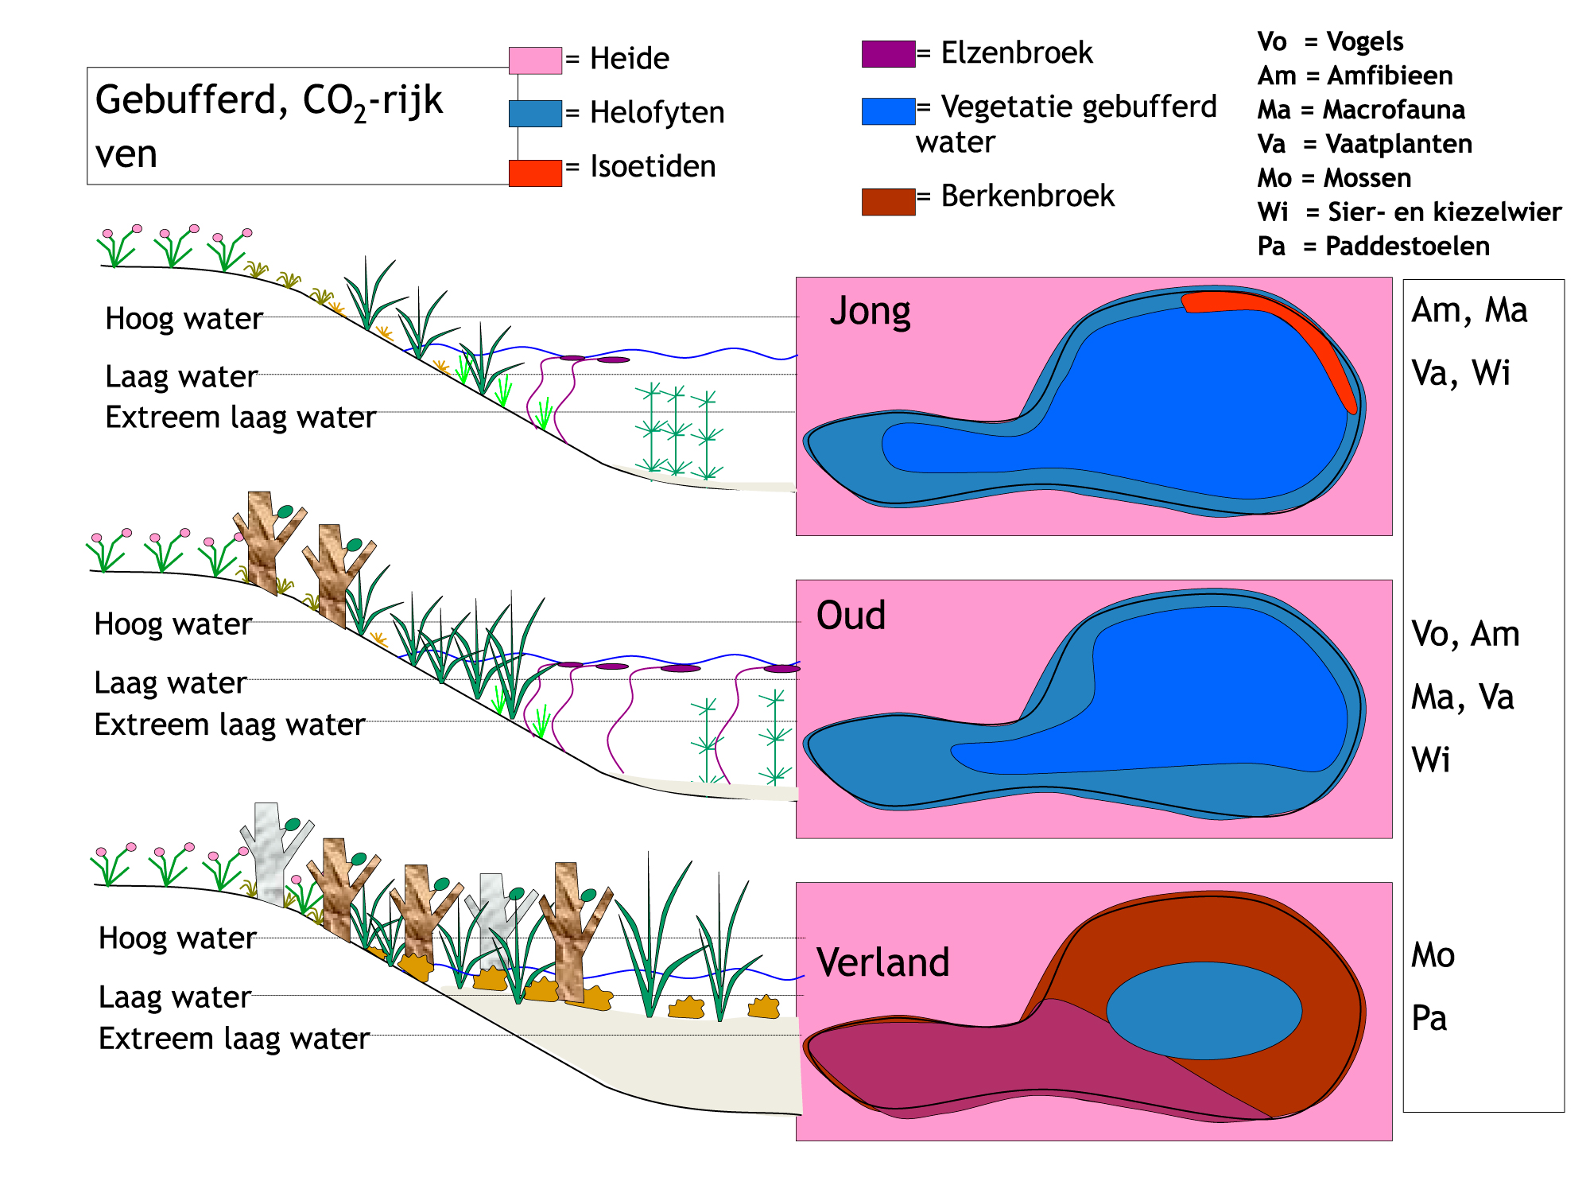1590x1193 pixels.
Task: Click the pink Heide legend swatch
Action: tap(535, 60)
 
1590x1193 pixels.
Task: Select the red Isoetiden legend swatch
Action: tap(535, 173)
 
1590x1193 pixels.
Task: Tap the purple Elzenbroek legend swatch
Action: tap(889, 54)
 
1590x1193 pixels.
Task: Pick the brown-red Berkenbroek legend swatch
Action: tap(889, 202)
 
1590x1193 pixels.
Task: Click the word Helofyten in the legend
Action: tap(657, 113)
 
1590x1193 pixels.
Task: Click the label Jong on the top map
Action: tap(870, 311)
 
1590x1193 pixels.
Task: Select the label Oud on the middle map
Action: tap(851, 616)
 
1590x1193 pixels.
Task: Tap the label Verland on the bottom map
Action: tap(882, 962)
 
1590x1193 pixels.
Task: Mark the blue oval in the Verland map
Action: tap(1204, 1011)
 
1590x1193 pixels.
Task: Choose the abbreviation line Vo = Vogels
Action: tap(1330, 41)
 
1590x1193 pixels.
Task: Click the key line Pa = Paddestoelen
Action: tap(1373, 247)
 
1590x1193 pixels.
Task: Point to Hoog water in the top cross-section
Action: tap(184, 319)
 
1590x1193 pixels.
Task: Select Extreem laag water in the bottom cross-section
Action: tap(234, 1039)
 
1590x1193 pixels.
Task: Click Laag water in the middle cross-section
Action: tap(170, 683)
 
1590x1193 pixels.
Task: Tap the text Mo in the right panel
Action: tap(1433, 955)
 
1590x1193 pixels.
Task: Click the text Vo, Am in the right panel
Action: tap(1465, 635)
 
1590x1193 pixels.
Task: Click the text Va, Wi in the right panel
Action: tap(1460, 373)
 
